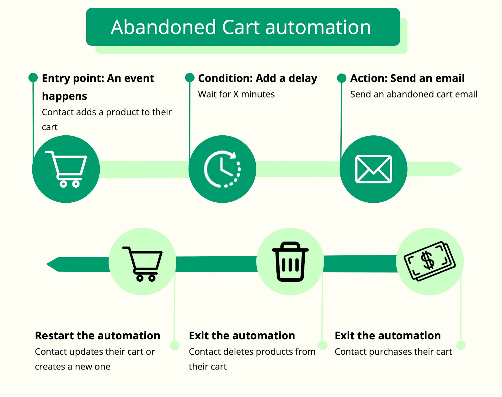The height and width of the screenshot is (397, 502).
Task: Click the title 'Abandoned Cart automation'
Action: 241,27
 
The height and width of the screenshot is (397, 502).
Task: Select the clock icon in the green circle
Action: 222,169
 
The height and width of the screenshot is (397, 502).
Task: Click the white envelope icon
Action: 373,169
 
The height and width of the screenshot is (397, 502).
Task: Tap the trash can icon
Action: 290,262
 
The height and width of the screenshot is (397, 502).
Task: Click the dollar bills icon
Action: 430,261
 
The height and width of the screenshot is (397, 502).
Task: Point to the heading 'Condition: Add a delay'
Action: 258,78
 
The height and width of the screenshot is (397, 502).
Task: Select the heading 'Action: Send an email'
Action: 407,78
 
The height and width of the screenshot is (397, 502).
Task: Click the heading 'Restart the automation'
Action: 98,336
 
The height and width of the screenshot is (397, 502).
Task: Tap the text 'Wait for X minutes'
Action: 236,94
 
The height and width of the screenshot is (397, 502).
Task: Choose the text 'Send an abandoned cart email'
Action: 414,94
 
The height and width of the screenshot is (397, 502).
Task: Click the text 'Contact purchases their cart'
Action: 393,352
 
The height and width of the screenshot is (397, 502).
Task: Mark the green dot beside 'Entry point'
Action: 33,77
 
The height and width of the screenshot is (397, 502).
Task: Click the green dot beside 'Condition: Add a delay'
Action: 190,77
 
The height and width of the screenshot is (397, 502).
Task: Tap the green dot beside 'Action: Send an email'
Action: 342,78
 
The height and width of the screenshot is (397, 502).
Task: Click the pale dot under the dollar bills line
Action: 461,345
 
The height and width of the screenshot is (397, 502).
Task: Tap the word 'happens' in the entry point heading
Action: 64,96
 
